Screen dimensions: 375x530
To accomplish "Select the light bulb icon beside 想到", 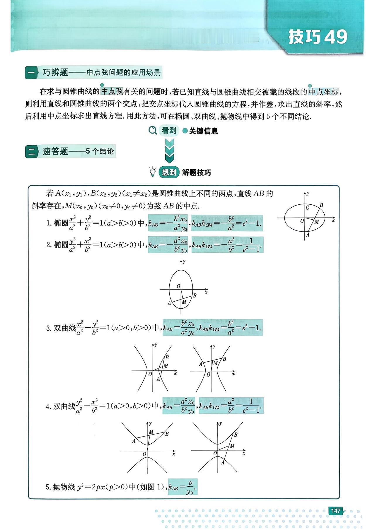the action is tap(153, 172).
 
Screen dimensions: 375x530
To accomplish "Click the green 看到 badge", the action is tap(169, 131).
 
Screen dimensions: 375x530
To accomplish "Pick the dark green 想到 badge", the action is tap(169, 172).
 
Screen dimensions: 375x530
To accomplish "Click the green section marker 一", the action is tap(31, 73).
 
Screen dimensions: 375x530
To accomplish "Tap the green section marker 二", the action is tap(31, 152).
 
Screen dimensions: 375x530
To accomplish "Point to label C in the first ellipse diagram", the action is tap(307, 208).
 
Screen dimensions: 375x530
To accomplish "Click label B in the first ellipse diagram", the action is tap(321, 205).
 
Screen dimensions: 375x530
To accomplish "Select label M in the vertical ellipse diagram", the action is tap(184, 302).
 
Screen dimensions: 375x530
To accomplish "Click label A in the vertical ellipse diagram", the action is tap(169, 303).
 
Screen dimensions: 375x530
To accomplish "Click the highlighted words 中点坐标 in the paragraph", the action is tap(324, 92).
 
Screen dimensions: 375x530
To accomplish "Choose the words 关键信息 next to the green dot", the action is tap(204, 131).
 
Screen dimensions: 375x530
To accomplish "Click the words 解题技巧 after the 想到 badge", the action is tap(196, 172).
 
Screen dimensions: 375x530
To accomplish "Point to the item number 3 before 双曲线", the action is tap(49, 328).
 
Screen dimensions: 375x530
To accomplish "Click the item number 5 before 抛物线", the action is tap(48, 487).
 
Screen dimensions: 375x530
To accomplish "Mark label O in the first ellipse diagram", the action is tap(302, 221).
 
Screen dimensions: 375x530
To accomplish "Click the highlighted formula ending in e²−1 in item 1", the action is tap(227, 223).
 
